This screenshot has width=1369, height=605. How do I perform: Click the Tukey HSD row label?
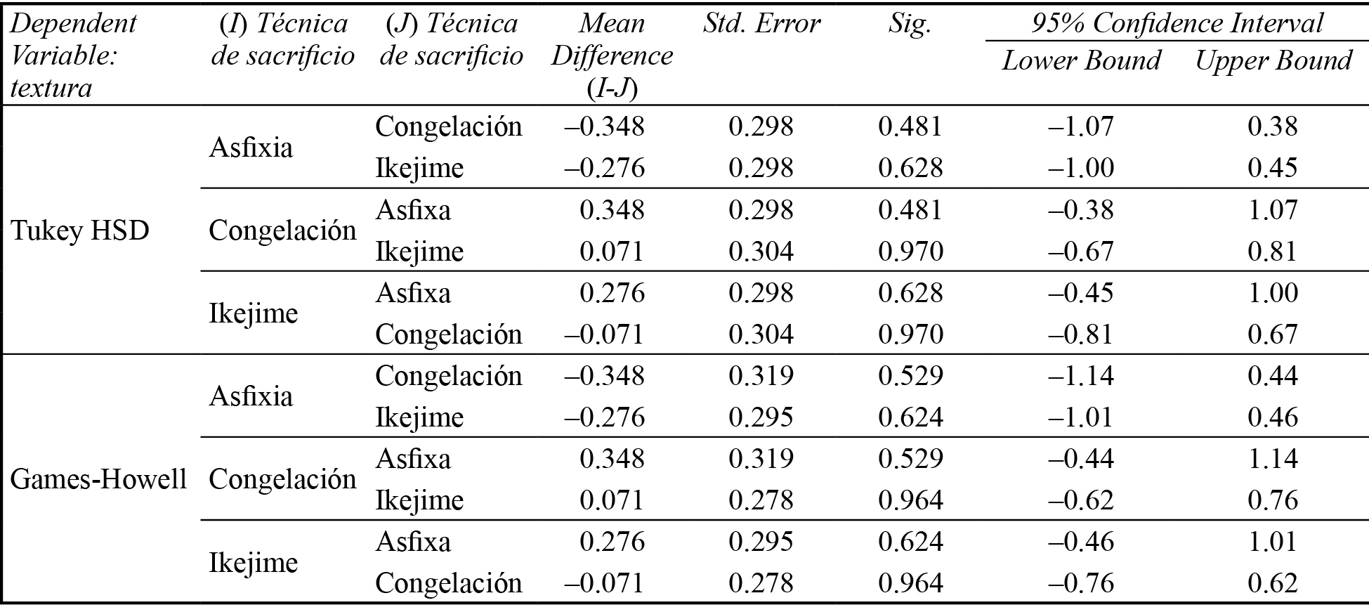80,230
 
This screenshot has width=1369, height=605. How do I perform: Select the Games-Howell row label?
98,479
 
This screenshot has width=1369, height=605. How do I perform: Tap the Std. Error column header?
761,24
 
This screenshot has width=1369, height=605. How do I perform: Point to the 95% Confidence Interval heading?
1177,24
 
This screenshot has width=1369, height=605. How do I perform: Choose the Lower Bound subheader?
1081,60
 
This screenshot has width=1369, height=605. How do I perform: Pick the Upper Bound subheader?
1273,60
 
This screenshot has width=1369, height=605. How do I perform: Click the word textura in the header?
52,89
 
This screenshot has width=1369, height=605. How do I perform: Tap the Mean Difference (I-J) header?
612,56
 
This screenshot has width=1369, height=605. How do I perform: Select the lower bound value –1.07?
1081,126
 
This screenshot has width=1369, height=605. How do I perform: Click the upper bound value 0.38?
1272,126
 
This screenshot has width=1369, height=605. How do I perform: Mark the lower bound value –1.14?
1081,376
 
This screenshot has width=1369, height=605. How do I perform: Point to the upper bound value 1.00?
1272,293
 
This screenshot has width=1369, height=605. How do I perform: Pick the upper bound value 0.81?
1272,252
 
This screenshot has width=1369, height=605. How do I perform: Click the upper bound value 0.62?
1272,583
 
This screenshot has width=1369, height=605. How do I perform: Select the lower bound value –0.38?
1081,210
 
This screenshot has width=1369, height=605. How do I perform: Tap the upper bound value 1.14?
1272,459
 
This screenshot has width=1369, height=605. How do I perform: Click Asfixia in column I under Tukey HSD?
251,148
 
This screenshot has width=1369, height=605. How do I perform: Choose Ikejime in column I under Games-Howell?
253,563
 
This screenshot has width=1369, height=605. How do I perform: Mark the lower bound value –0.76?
1081,583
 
